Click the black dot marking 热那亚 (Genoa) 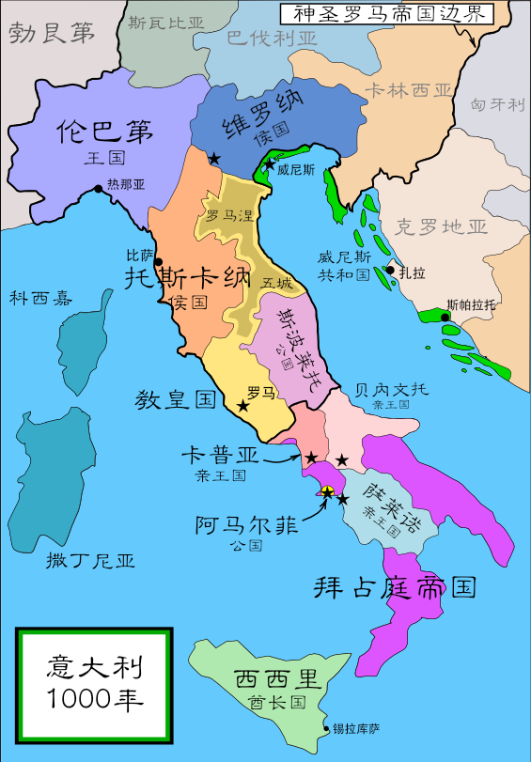click(99, 189)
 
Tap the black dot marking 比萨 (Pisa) click(158, 262)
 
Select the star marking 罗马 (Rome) click(243, 406)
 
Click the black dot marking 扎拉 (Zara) click(389, 271)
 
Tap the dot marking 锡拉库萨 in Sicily click(327, 728)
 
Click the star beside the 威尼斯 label click(270, 165)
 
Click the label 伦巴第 click(103, 132)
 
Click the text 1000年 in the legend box click(95, 699)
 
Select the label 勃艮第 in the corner click(53, 34)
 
